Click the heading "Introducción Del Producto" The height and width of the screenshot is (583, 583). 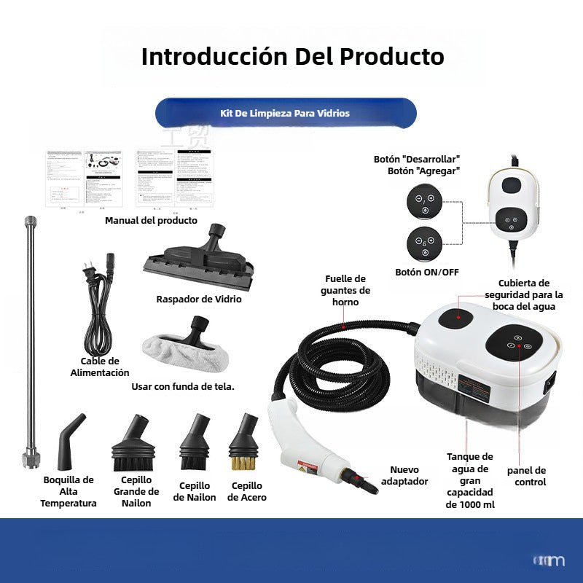pyautogui.click(x=292, y=56)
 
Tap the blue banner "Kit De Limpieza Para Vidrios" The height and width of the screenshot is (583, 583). pyautogui.click(x=285, y=113)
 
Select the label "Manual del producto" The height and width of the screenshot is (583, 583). pyautogui.click(x=151, y=220)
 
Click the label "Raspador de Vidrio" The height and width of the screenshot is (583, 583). pyautogui.click(x=199, y=299)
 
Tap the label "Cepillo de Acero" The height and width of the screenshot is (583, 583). pyautogui.click(x=246, y=492)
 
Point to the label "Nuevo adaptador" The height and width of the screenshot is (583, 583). pyautogui.click(x=409, y=476)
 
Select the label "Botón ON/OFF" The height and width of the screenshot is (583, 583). pyautogui.click(x=427, y=272)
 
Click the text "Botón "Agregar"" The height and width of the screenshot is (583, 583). pyautogui.click(x=424, y=171)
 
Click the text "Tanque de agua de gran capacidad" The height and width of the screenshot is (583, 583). pyautogui.click(x=469, y=480)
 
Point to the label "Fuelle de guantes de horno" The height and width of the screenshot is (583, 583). pyautogui.click(x=345, y=290)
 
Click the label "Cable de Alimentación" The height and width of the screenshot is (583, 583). pyautogui.click(x=100, y=367)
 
